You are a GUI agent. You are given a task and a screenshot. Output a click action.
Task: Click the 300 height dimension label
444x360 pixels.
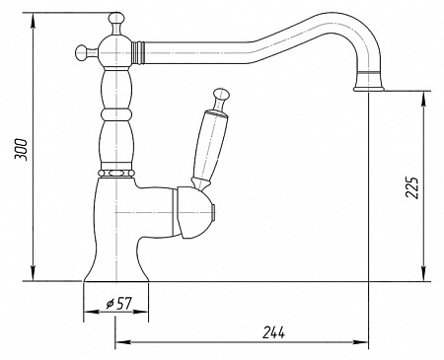click(x=21, y=150)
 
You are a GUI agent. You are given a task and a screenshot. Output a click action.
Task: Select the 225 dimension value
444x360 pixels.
click(x=411, y=187)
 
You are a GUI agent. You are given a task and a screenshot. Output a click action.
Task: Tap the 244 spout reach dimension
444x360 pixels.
click(x=273, y=333)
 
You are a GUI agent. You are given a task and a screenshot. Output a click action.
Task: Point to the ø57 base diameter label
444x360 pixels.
click(x=119, y=304)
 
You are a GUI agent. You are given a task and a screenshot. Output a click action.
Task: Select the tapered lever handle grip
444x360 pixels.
click(x=209, y=148)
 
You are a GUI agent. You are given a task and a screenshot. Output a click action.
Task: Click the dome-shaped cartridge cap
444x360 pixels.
click(x=194, y=212)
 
